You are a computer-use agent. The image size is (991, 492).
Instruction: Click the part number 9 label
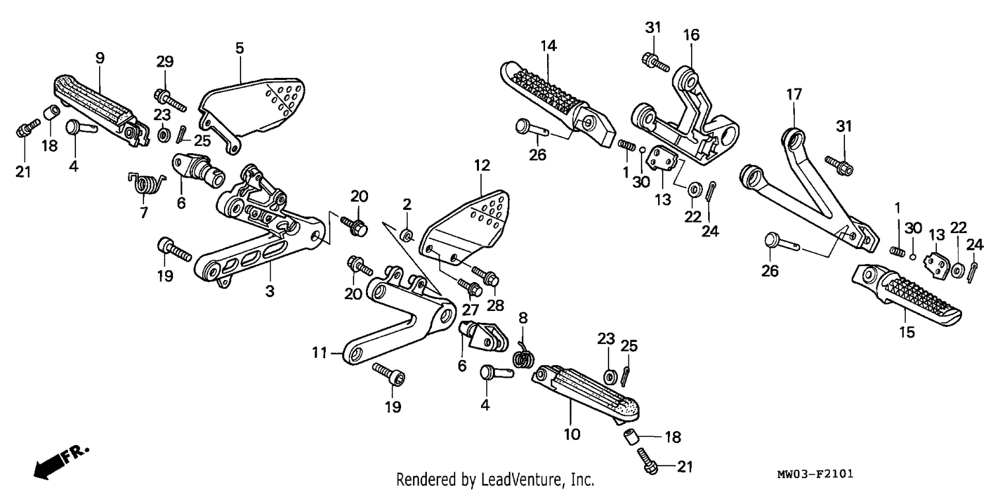pos(100,58)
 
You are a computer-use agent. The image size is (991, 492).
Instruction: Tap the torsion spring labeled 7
pos(147,183)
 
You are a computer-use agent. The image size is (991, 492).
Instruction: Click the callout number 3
pos(270,291)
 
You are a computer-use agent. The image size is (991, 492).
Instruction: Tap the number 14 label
pos(548,46)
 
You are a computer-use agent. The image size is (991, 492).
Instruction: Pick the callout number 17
pos(794,94)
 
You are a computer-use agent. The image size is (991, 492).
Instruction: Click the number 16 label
pos(692,35)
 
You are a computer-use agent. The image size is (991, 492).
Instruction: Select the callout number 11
pos(319,353)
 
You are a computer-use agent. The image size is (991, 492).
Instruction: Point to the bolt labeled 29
pos(170,100)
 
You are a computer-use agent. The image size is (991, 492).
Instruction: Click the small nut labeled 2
pos(406,235)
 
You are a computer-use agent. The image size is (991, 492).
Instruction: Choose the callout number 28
pos(495,305)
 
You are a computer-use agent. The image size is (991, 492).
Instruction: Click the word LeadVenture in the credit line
pos(521,479)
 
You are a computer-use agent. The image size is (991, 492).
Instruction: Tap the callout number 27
pos(470,310)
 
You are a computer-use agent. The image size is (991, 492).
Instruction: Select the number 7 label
pos(144,213)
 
